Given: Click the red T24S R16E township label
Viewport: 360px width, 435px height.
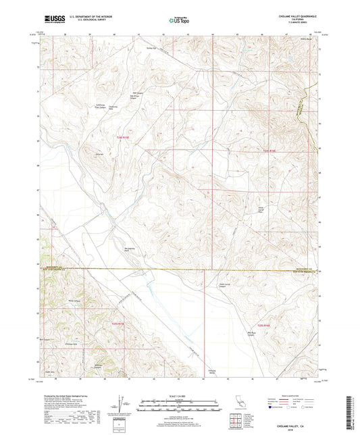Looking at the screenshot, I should (270, 150).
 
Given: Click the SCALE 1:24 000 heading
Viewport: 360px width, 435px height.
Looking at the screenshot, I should (179, 394).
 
